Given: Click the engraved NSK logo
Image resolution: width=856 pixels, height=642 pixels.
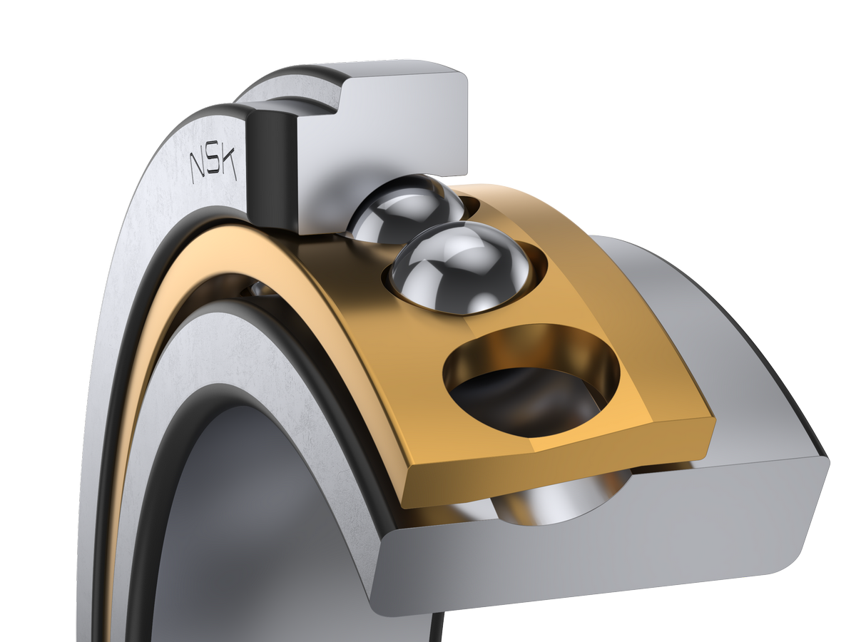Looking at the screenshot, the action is (213, 166).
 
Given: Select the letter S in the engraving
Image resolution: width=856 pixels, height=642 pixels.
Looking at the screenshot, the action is (213, 165).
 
